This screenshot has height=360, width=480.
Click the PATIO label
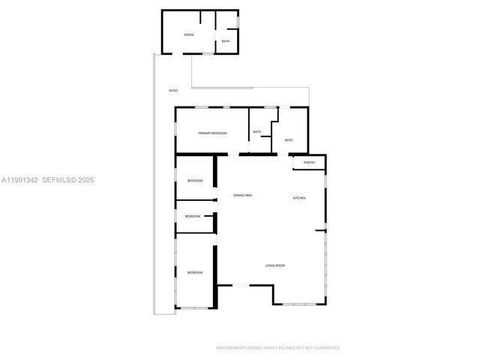point(173,91)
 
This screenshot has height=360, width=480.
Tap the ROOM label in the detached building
point(189,35)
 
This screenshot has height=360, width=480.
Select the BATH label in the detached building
point(225,41)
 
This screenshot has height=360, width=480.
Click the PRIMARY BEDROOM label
point(212,133)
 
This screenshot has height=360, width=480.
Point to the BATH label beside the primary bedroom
point(257,133)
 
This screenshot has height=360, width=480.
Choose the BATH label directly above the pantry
point(289,140)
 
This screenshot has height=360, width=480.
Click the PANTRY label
point(309,163)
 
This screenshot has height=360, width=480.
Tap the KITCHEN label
point(299,197)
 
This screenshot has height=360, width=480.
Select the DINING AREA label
point(242,195)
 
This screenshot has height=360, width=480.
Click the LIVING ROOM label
point(274,265)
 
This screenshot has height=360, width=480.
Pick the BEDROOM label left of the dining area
point(195,181)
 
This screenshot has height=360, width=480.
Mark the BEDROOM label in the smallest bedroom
point(193,216)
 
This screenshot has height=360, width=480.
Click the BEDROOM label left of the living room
point(195,272)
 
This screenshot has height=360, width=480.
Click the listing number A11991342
point(19,180)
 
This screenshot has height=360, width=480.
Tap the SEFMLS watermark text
point(58,180)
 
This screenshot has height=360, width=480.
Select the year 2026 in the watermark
point(85,180)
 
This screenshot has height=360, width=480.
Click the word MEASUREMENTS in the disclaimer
point(232,348)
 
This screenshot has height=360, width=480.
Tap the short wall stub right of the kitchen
point(321,229)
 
